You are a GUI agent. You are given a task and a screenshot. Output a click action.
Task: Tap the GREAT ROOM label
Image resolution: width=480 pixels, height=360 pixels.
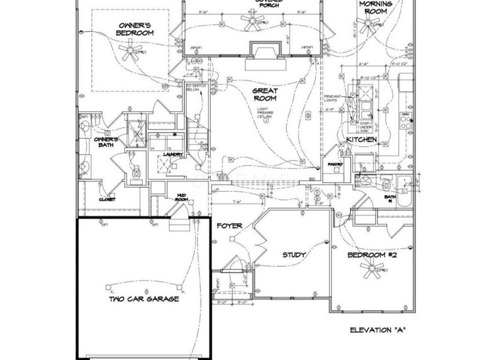pyautogui.click(x=265, y=94)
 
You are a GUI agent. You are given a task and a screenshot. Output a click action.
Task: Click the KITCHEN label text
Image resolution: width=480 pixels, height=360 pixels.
pyautogui.click(x=361, y=140)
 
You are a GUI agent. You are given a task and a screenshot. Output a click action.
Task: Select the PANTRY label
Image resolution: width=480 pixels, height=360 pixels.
pyautogui.click(x=334, y=164)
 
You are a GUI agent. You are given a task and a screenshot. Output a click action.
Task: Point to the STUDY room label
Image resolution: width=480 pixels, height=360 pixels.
pyautogui.click(x=295, y=255)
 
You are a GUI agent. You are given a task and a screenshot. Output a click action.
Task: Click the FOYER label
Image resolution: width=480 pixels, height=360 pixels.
pyautogui.click(x=230, y=226)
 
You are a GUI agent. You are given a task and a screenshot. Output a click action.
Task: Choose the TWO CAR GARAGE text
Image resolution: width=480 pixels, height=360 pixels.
pyautogui.click(x=143, y=299)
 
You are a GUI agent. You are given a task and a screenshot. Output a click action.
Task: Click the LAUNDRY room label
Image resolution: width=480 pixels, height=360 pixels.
pyautogui.click(x=173, y=155)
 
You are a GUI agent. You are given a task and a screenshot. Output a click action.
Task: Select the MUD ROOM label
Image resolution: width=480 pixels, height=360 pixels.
pyautogui.click(x=182, y=197)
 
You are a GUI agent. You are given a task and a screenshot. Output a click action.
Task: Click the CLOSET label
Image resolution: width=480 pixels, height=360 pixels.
pyautogui.click(x=107, y=199)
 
